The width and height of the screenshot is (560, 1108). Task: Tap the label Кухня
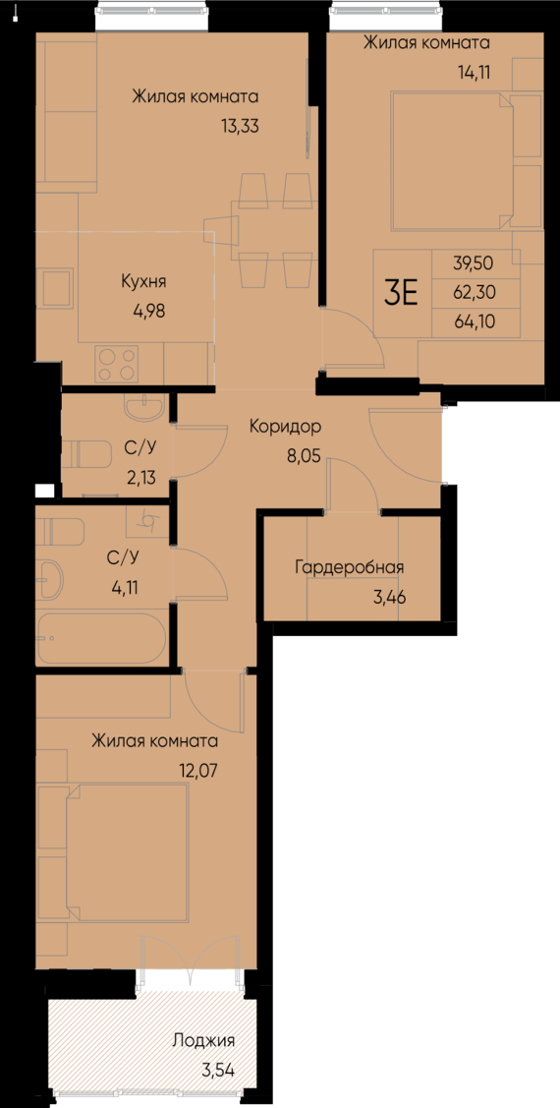point(143,281)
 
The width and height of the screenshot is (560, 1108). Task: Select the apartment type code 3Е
point(401,292)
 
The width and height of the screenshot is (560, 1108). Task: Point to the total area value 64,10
point(474,320)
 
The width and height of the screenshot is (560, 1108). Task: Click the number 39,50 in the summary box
point(474,263)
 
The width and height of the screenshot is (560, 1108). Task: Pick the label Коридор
point(285,427)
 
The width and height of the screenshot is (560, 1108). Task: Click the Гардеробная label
point(349,567)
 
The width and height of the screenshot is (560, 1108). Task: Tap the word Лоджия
point(203,1039)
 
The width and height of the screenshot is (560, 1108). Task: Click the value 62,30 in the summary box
point(474,292)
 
